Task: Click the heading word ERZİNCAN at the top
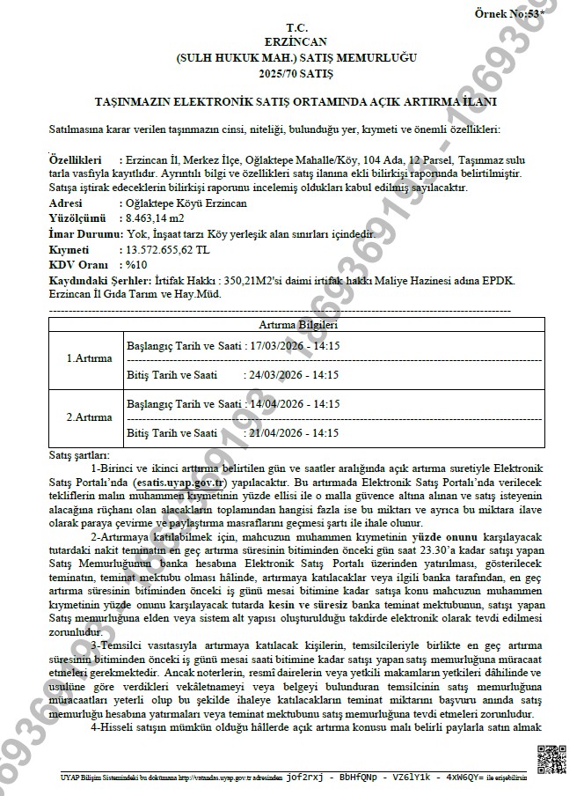tap(291, 41)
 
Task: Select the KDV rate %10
tap(135, 265)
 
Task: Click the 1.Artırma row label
tap(89, 359)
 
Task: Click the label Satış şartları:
tap(78, 454)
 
